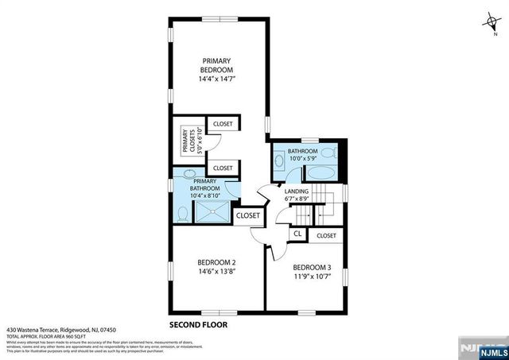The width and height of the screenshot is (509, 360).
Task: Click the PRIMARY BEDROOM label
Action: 217,65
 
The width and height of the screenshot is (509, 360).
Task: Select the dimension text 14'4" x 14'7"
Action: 217,79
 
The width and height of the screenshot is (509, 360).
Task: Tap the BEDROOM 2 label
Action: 217,262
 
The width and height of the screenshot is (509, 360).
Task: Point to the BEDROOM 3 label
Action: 312,267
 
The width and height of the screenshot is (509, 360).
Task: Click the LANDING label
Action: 297,191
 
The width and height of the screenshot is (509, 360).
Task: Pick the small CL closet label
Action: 297,234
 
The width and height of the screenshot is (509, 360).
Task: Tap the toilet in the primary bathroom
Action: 183,213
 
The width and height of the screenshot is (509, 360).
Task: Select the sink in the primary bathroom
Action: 190,174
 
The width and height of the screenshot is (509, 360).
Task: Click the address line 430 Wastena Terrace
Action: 61,329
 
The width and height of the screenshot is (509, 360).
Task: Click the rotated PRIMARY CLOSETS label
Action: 188,141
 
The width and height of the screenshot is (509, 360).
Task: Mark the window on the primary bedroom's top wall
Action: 212,17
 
